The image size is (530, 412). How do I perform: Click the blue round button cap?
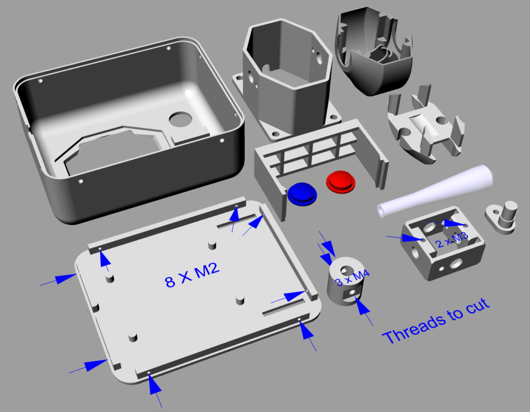[302, 194]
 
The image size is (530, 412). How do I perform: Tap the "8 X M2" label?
[192, 275]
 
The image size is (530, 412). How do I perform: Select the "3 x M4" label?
[352, 278]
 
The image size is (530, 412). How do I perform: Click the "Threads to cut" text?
[436, 321]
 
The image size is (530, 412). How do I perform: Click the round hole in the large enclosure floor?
[181, 120]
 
